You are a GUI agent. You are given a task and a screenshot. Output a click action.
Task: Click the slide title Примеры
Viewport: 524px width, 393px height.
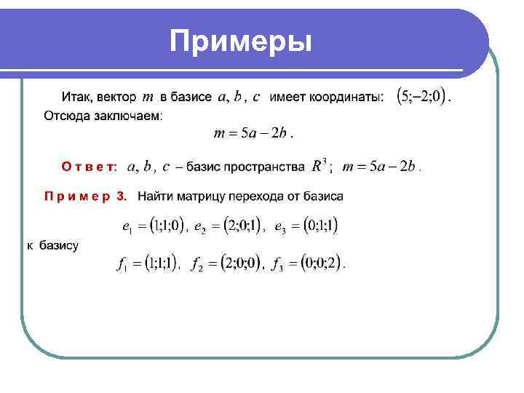241,41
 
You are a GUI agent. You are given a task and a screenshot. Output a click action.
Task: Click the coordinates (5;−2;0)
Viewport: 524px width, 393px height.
422,96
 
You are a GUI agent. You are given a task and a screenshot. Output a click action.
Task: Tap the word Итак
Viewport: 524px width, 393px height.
75,97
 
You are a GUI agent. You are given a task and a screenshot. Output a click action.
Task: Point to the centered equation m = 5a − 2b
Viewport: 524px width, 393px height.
252,133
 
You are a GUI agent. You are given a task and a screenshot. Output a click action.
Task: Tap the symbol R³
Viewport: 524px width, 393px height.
319,167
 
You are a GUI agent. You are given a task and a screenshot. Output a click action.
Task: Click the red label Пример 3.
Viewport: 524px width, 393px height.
85,196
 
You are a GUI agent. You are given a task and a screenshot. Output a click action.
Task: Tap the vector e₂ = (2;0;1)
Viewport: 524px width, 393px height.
226,226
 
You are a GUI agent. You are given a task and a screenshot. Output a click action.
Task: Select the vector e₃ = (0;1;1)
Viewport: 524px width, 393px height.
306,226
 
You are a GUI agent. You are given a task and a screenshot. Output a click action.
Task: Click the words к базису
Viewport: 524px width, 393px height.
53,245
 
